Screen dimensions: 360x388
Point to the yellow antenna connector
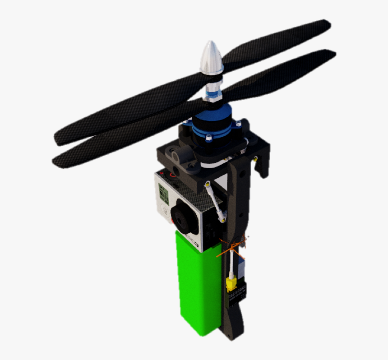pos(231,284)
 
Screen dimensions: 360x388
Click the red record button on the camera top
pos(172,173)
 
